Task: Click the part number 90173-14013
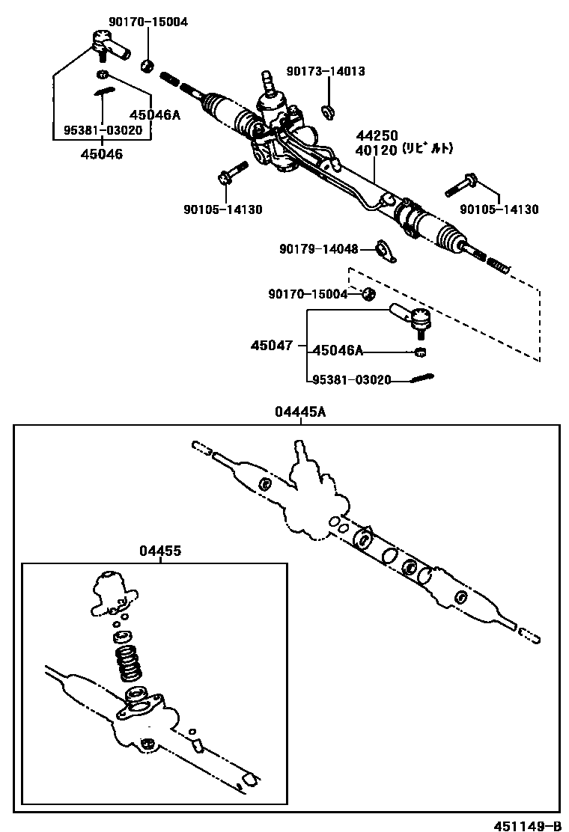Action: click(x=326, y=72)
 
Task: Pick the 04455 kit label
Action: click(x=159, y=551)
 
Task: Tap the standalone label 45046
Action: click(x=103, y=154)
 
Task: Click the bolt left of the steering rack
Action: click(x=233, y=171)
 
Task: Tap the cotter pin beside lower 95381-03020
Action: click(x=422, y=379)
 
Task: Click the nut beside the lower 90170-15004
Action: click(x=368, y=293)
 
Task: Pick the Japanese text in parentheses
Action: click(x=427, y=149)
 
